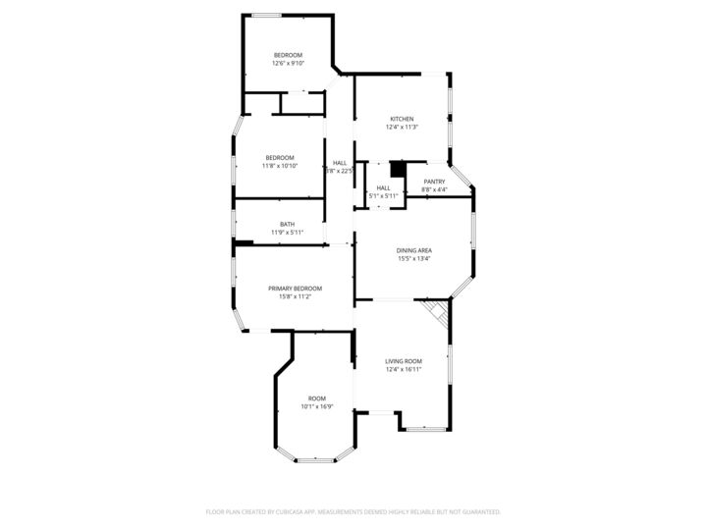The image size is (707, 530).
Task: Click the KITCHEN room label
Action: pos(402,119)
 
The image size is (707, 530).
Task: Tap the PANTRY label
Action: pos(434,182)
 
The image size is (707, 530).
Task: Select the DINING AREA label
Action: pos(414,250)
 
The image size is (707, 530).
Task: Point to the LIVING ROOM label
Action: pos(404,361)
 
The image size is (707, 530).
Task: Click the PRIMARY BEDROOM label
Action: pos(296,289)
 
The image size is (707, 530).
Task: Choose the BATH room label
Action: pos(287,224)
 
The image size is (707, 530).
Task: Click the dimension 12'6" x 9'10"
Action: pos(288,63)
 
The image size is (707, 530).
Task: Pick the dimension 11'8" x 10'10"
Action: pos(280,166)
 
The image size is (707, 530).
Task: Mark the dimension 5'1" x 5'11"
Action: pos(383,196)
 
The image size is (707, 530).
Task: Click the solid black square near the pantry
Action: pos(398,169)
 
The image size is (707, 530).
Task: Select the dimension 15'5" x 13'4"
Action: pos(414,259)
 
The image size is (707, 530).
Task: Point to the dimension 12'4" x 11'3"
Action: pos(402,127)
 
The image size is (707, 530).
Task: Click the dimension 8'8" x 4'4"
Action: pos(434,189)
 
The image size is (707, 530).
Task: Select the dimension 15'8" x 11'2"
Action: pos(296,296)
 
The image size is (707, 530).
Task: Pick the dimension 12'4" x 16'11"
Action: pos(404,370)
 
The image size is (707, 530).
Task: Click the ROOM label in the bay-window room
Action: pos(317,397)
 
